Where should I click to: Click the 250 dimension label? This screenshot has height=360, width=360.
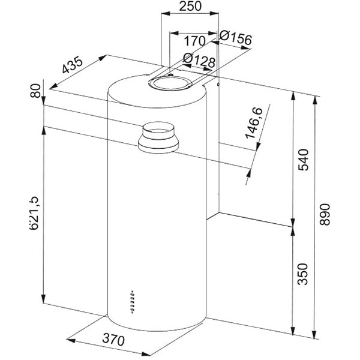[x=190, y=8]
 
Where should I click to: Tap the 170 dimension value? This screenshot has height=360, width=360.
[x=193, y=42]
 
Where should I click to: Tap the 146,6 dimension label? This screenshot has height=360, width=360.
[x=257, y=124]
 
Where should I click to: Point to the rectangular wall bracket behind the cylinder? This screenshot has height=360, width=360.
[x=218, y=150]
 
